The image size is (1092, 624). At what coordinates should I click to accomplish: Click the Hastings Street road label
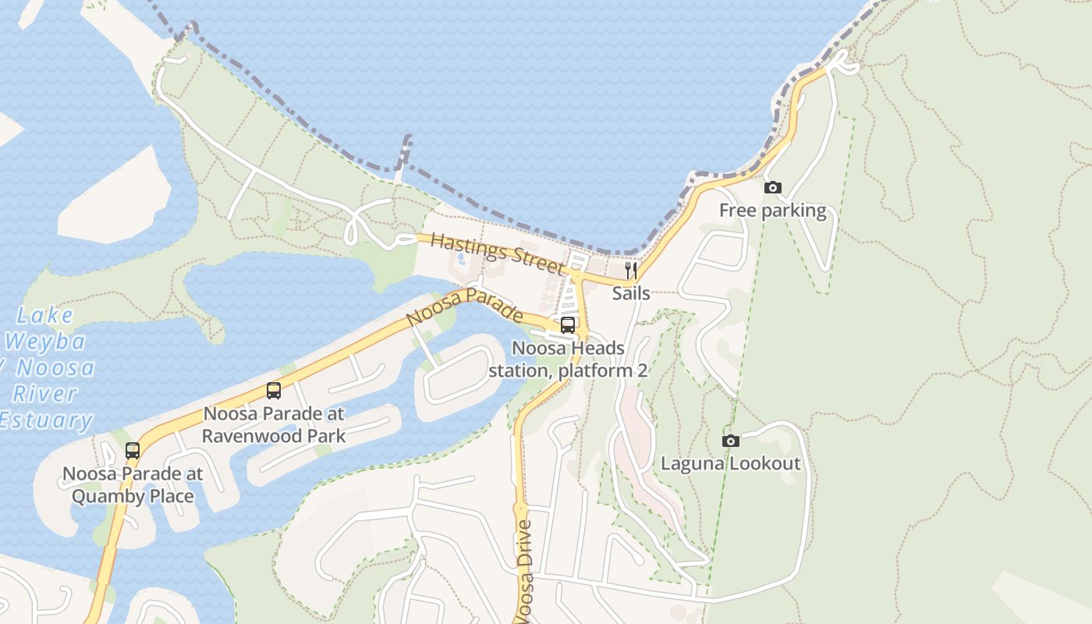pos(497,253)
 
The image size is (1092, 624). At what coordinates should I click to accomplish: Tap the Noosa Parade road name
pos(465,307)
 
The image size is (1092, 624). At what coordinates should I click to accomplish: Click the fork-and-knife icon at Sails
pos(631,271)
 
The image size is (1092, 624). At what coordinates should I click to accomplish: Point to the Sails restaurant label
pos(631,293)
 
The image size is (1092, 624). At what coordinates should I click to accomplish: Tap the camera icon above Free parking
pos(772,187)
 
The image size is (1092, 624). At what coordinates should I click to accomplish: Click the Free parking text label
pos(772,211)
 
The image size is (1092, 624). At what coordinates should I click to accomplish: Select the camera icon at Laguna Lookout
pos(731,441)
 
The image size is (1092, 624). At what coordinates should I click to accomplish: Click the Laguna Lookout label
pos(730,464)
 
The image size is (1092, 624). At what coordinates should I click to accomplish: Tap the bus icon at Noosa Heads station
pos(568,325)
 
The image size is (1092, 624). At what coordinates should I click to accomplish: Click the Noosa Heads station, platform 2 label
pos(568,359)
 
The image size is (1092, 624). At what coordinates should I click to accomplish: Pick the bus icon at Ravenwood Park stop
pos(274,391)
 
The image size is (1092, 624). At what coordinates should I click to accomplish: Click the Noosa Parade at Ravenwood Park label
pos(274,424)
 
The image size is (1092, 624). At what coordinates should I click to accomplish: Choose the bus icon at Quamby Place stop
pos(133,450)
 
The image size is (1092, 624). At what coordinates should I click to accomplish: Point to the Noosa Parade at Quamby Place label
pos(133,484)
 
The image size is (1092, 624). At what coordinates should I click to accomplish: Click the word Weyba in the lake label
pos(45,342)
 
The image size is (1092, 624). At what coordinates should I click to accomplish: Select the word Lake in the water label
pos(45,315)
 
